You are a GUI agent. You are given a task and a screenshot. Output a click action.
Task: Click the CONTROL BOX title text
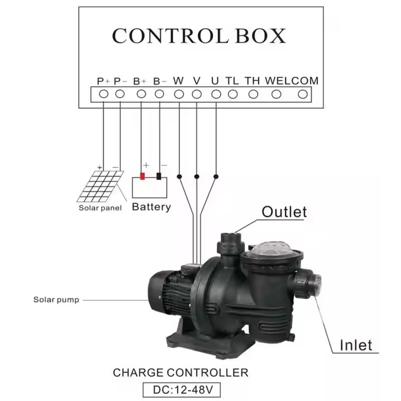point(199,36)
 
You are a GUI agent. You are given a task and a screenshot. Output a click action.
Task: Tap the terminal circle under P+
point(103,94)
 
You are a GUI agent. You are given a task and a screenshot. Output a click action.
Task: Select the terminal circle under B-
point(159,94)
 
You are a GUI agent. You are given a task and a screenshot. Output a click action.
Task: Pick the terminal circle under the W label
point(178,94)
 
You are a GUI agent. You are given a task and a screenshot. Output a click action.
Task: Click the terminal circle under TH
point(254,94)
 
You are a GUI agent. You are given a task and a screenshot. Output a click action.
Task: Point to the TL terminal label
point(232,81)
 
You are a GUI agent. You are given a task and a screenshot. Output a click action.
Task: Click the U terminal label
point(215,81)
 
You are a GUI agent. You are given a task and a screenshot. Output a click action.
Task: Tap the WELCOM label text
point(291,81)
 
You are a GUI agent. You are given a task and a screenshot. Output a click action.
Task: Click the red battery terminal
point(142,176)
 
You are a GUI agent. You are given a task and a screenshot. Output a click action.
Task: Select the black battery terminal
point(159,176)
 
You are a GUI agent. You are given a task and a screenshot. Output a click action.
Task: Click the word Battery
point(151,207)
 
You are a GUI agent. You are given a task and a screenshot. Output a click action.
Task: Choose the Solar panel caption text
point(100,208)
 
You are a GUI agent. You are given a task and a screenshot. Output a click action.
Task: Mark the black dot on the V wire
point(197,176)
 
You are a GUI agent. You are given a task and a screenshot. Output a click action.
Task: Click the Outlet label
point(284,212)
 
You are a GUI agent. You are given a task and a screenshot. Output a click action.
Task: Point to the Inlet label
point(356,345)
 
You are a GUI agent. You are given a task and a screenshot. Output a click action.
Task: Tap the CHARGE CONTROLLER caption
point(180,373)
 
